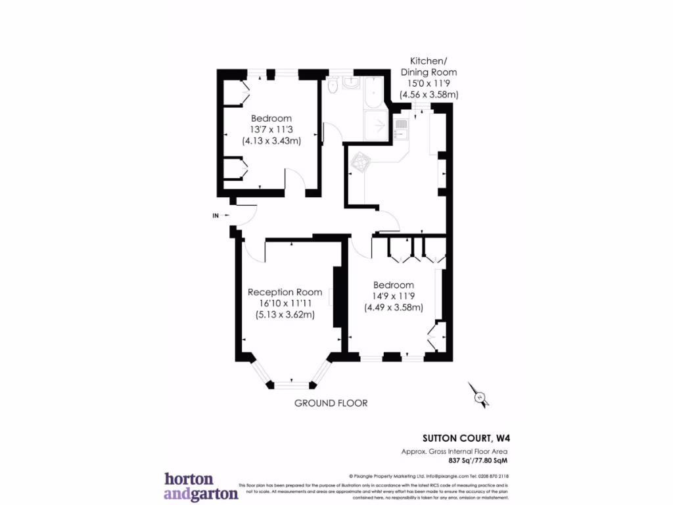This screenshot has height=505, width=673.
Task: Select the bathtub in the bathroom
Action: [372, 92]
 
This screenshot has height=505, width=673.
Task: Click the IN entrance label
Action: [215, 215]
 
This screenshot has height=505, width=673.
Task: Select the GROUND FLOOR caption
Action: [331, 403]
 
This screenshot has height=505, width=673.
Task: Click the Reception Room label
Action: [285, 292]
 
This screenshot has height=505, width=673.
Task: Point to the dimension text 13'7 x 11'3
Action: [271, 130]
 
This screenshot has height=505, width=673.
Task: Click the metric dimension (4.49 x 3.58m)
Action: [394, 307]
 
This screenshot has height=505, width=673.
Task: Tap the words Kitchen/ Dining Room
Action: [429, 66]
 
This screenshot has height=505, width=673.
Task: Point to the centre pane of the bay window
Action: [290, 383]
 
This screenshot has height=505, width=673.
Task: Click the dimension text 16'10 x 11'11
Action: [285, 303]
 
